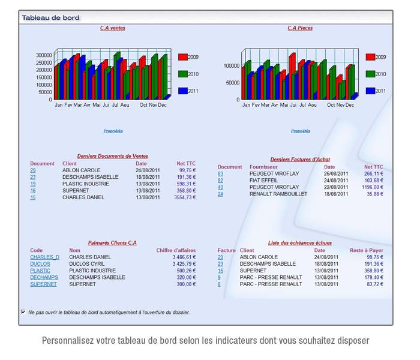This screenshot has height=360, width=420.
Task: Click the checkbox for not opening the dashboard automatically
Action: [23, 312]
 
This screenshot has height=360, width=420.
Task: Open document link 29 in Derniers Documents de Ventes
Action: [33, 170]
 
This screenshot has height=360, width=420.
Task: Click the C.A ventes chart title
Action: [113, 28]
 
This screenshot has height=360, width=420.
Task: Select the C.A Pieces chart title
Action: [300, 28]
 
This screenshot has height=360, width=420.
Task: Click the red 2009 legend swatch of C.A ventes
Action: [183, 57]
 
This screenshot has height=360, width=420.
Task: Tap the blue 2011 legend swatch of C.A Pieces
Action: [370, 91]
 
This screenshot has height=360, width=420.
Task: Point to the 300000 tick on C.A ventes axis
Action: [43, 55]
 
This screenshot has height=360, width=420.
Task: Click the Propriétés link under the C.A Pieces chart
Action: [301, 131]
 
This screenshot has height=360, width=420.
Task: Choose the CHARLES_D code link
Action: [44, 257]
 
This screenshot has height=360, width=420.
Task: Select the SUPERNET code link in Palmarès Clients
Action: [43, 284]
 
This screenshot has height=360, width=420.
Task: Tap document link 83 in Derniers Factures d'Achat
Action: [220, 174]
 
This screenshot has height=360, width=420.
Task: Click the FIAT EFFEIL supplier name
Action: [264, 181]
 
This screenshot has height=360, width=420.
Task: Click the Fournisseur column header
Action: [265, 167]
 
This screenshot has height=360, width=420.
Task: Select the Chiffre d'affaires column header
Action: [176, 250]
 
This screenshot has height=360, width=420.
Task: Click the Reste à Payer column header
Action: [366, 250]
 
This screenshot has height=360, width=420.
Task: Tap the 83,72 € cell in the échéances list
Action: [374, 284]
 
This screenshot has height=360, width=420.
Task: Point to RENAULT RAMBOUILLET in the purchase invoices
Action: [278, 194]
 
